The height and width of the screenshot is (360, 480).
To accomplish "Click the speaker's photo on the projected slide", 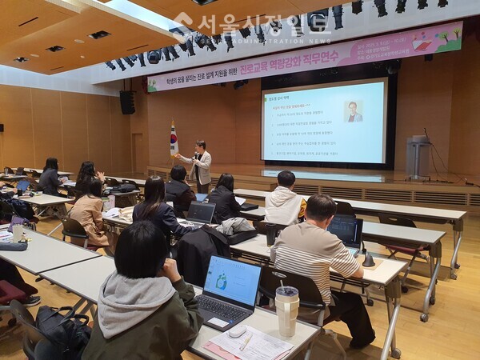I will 353,111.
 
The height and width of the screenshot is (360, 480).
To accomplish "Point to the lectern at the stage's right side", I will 418,157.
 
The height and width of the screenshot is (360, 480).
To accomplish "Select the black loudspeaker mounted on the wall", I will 127,102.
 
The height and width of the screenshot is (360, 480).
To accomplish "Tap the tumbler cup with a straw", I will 286,310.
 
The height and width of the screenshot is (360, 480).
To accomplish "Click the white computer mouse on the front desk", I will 238,330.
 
